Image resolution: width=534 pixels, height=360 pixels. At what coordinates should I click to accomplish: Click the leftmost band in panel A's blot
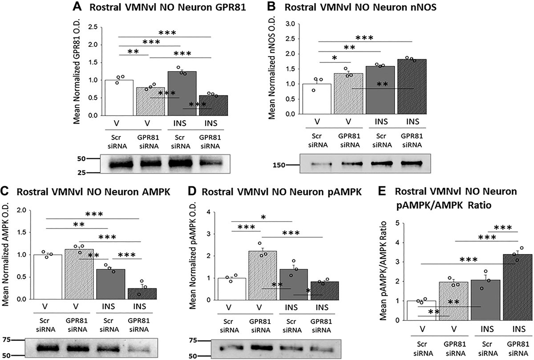pos(118,165)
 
